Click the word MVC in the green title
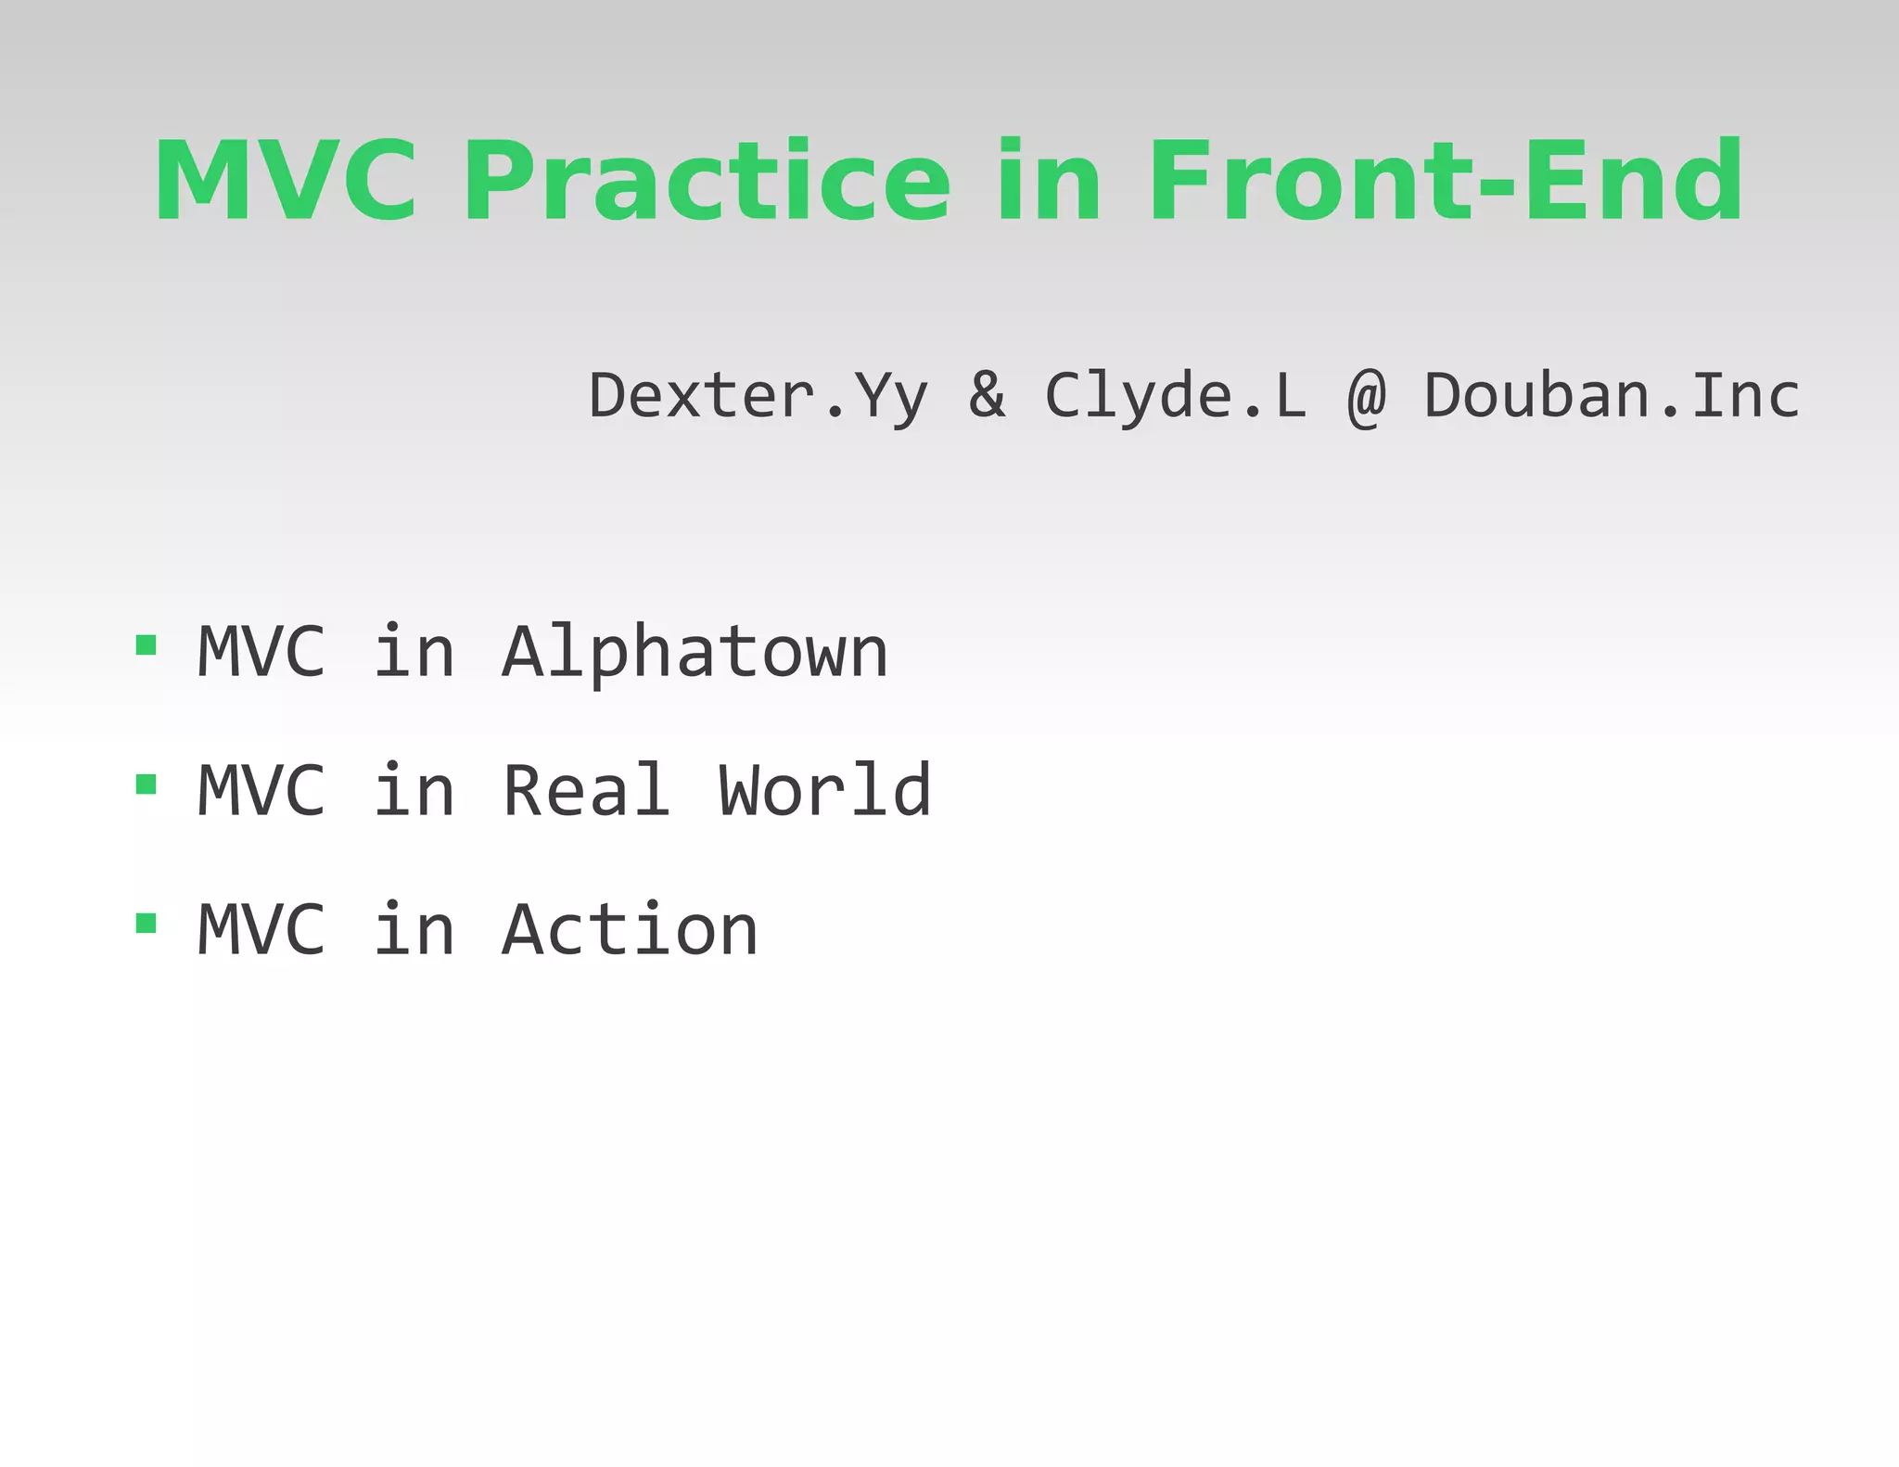(286, 181)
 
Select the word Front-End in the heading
(1447, 181)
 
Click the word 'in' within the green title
(1049, 181)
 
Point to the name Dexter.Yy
(758, 397)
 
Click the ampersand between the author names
(987, 395)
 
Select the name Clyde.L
(1175, 397)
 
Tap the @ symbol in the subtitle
(1366, 397)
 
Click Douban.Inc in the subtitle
(1612, 395)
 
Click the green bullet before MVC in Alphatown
(146, 645)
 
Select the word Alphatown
(695, 653)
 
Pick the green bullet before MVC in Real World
(146, 785)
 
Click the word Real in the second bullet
(585, 791)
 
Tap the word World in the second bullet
(824, 791)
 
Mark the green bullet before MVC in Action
(146, 923)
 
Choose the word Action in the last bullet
(630, 930)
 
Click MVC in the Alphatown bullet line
(261, 653)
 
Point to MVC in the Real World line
(261, 791)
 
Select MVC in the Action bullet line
(261, 930)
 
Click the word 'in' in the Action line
(414, 930)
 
